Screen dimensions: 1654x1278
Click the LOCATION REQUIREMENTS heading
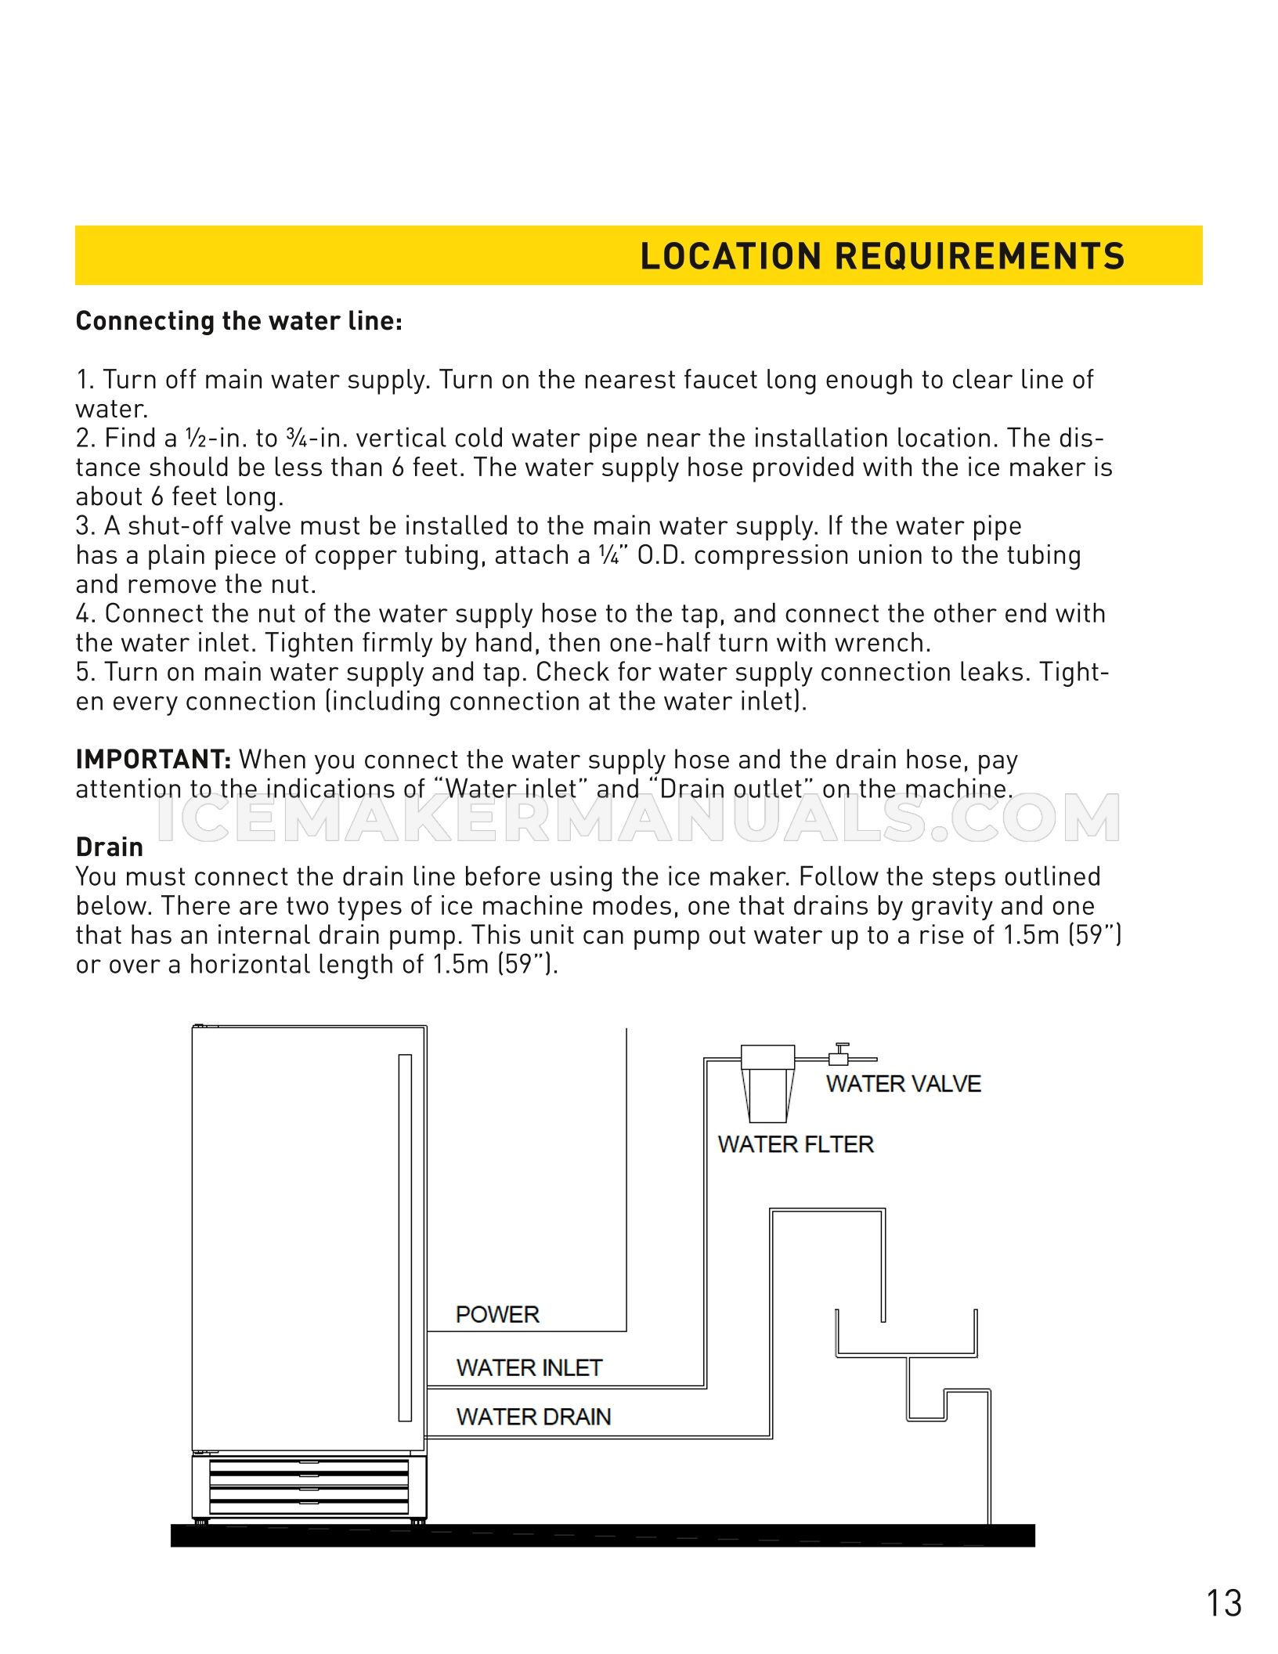click(x=882, y=256)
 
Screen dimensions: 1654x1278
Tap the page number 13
click(x=1223, y=1603)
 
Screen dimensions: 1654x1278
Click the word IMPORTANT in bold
click(x=153, y=759)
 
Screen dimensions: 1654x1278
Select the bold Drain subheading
click(x=110, y=847)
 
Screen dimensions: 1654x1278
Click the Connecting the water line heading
click(x=239, y=321)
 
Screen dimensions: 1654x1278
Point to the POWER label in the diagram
click(x=497, y=1314)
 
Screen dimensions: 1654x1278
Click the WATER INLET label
click(x=529, y=1367)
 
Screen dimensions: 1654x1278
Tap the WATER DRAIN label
click(x=533, y=1416)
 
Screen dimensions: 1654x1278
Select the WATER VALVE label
click(x=903, y=1084)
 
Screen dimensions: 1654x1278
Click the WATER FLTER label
click(x=796, y=1144)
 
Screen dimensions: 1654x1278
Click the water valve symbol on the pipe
click(x=839, y=1054)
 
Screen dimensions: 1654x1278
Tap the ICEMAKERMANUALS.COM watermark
click(x=638, y=818)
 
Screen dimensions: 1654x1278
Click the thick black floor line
click(x=603, y=1535)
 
